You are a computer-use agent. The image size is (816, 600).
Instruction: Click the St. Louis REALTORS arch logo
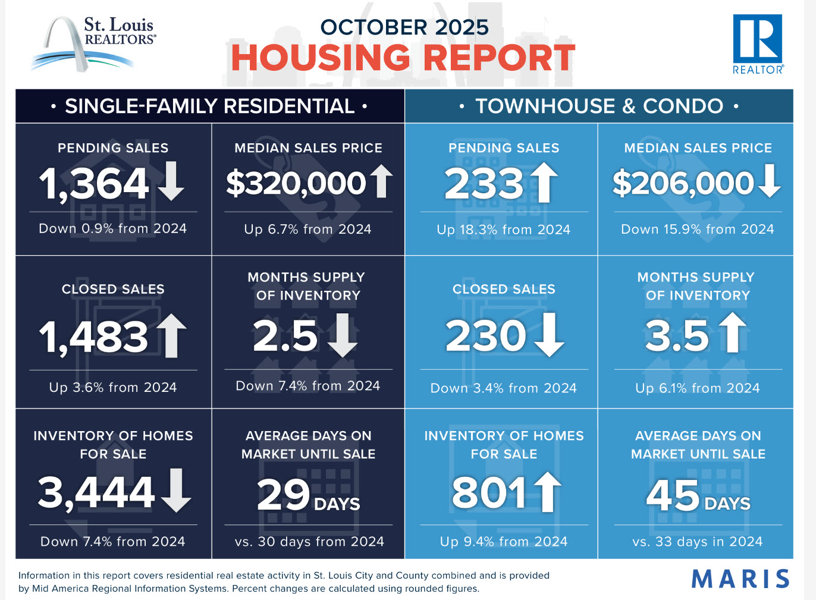(x=92, y=43)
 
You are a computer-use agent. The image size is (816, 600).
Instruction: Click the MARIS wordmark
(x=740, y=579)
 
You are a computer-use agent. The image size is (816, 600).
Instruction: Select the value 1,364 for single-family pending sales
(x=94, y=183)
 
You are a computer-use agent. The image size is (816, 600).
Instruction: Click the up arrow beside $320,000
(x=381, y=181)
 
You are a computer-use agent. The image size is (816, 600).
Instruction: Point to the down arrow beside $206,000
(x=770, y=181)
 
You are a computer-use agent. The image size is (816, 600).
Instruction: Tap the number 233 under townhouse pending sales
(x=484, y=183)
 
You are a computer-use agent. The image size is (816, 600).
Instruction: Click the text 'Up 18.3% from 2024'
(x=503, y=230)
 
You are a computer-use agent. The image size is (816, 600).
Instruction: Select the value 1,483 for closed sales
(x=94, y=337)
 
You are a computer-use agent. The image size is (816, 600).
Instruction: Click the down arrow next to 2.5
(x=343, y=335)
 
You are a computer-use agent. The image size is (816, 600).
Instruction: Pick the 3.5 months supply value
(x=677, y=336)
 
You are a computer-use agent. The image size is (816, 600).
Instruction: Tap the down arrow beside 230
(x=549, y=335)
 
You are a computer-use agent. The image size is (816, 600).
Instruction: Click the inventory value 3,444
(x=96, y=492)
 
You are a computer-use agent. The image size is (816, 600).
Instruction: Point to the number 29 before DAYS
(x=283, y=494)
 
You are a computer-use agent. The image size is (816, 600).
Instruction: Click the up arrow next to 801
(x=547, y=492)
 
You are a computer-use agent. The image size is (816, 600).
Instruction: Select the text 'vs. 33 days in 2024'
(x=697, y=542)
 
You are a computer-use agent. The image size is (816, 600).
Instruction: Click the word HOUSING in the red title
(x=320, y=58)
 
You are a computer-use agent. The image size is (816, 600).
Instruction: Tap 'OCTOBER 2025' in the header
(x=404, y=27)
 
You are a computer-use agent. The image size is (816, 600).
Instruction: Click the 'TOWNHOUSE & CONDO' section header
(x=599, y=106)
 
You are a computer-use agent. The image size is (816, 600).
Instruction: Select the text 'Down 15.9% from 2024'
(x=697, y=230)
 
